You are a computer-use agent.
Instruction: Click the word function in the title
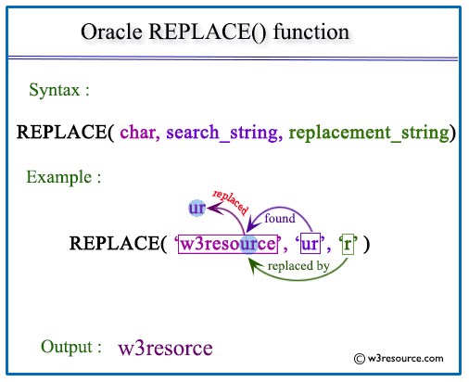[310, 32]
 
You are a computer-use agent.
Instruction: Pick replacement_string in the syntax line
[368, 133]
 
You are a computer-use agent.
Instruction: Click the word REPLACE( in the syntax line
[65, 133]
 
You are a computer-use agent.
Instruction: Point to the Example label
[64, 176]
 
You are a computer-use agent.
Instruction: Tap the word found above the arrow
[280, 220]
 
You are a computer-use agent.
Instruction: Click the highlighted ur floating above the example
[196, 209]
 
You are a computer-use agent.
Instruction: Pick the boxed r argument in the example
[348, 245]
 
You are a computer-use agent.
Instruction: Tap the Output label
[71, 347]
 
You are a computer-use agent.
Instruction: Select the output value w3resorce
[166, 349]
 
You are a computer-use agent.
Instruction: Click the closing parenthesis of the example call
[368, 245]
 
